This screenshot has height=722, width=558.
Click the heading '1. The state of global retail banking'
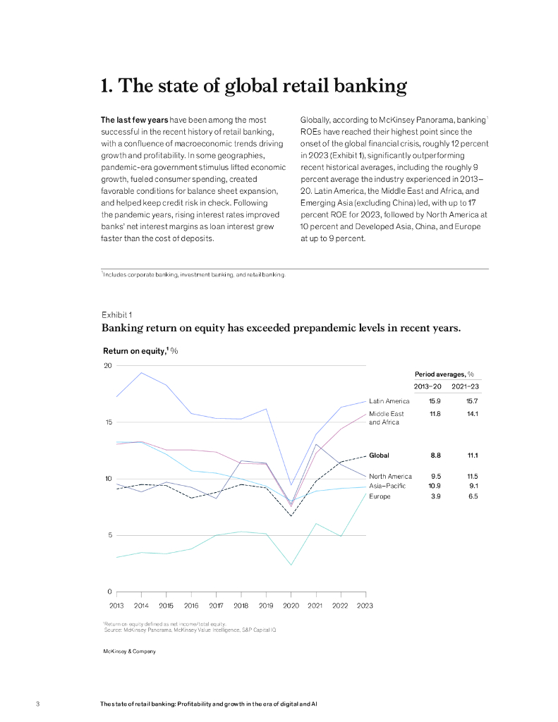click(x=254, y=86)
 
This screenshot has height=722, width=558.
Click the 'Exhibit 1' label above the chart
click(x=116, y=314)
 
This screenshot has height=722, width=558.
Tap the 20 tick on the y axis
click(x=108, y=365)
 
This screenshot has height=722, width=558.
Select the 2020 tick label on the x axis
click(x=291, y=605)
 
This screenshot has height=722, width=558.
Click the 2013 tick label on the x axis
click(x=116, y=605)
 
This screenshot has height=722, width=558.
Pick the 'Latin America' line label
click(x=389, y=401)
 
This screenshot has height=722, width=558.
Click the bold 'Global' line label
click(x=379, y=455)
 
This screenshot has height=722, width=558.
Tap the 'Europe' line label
click(x=380, y=496)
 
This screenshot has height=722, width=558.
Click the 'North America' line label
click(x=390, y=477)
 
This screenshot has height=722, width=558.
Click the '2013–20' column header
click(x=428, y=386)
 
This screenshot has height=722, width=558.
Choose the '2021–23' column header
click(x=466, y=386)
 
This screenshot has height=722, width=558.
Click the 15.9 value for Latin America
click(x=436, y=401)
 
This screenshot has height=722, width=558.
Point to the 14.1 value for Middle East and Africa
click(x=473, y=413)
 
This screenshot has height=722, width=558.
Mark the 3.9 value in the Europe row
click(x=436, y=496)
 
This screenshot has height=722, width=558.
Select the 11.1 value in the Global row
click(x=473, y=455)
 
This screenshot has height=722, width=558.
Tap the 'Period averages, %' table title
click(x=444, y=374)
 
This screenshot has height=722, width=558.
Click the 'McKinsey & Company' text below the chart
click(x=129, y=651)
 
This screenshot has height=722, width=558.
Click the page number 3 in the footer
click(x=37, y=704)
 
